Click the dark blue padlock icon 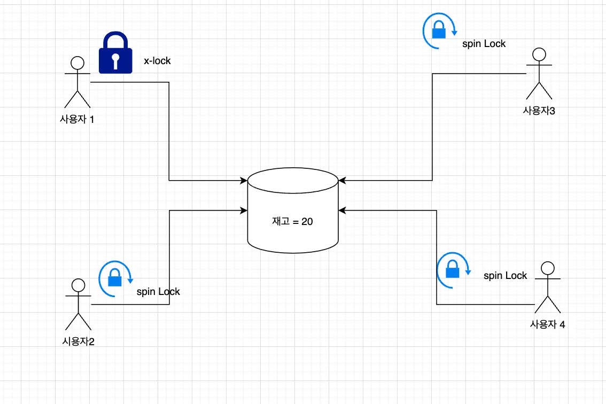[x=115, y=53]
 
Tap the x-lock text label [x=157, y=61]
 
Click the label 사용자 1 [x=77, y=119]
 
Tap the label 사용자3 [x=539, y=111]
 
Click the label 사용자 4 [x=547, y=324]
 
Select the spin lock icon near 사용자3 [x=439, y=31]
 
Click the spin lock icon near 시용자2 [x=114, y=278]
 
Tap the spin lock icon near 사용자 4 [x=453, y=269]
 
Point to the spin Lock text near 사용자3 [x=484, y=44]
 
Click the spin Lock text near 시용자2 [x=158, y=292]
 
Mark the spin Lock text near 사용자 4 [x=505, y=276]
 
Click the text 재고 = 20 [x=292, y=221]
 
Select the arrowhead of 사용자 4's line [x=341, y=211]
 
